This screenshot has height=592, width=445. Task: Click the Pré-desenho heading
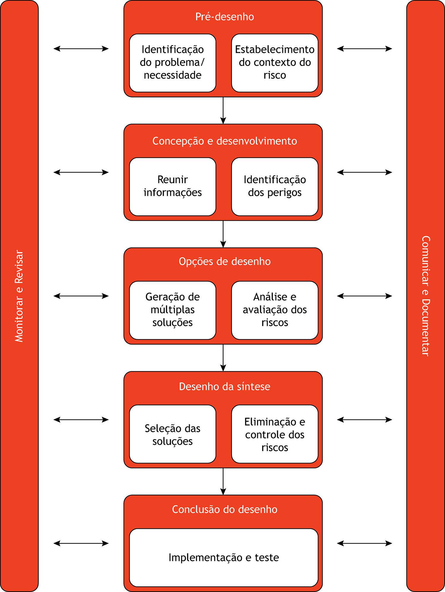225,17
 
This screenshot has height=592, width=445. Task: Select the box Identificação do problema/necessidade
172,63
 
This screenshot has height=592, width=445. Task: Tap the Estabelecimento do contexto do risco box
275,63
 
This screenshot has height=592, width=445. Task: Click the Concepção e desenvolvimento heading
225,141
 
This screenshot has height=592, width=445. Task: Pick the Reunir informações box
172,186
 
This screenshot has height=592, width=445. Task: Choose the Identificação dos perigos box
275,186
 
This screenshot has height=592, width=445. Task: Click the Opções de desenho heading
225,262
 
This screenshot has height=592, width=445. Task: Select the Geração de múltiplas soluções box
172,310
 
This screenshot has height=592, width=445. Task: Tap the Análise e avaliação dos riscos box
275,310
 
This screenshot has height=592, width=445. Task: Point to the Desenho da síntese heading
225,387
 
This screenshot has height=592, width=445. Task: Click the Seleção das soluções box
172,435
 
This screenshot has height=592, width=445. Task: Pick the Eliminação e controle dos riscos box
275,435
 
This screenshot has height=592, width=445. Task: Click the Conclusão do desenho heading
225,510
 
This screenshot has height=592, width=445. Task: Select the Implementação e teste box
224,558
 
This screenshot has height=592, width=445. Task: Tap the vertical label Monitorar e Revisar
19,296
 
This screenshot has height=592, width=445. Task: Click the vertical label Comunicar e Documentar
426,296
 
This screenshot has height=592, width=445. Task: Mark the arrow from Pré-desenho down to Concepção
223,110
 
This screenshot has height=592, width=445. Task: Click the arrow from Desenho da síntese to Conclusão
223,481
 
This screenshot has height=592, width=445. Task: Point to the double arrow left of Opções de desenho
81,296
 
